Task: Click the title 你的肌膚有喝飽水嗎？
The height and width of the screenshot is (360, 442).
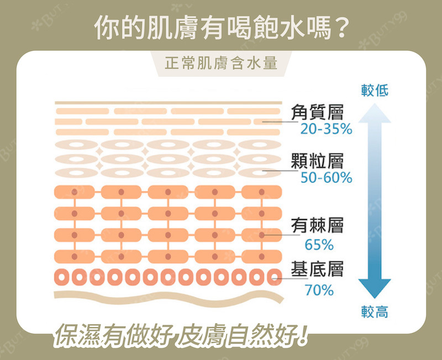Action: pos(221,28)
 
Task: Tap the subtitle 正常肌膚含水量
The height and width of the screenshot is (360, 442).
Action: pos(221,64)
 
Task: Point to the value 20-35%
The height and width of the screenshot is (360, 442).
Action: pos(326,129)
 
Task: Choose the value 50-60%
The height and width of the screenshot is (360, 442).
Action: pos(326,178)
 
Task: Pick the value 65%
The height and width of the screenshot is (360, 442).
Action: pos(319,244)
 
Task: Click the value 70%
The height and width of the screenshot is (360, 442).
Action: pos(319,289)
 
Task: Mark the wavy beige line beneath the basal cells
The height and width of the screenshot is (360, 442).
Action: pos(166,297)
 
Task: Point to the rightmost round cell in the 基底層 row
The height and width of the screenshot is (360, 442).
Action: pos(273,276)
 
